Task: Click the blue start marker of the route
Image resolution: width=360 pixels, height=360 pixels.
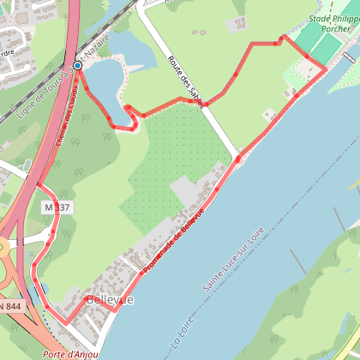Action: (x=77, y=65)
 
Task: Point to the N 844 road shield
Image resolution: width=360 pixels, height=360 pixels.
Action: (x=9, y=306)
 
